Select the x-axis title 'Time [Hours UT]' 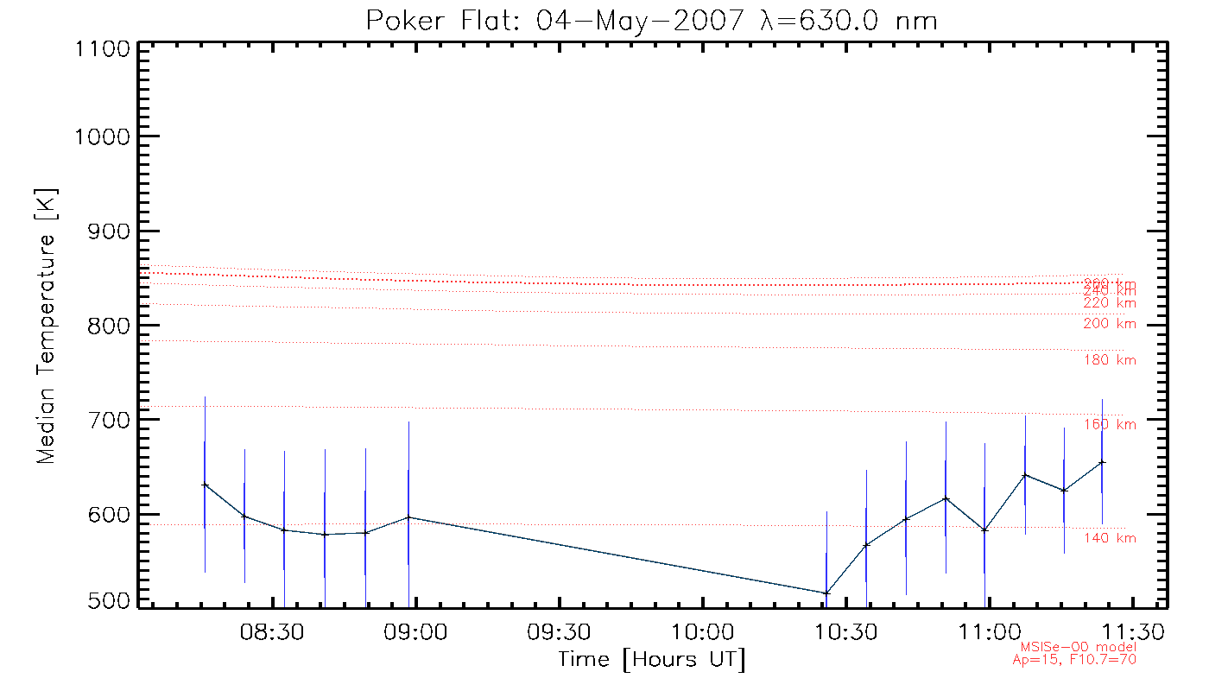click(x=652, y=660)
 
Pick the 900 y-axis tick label click(x=104, y=231)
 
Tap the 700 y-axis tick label click(x=104, y=420)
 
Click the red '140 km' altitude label click(x=1110, y=539)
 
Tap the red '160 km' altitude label click(x=1110, y=425)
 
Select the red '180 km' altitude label click(x=1110, y=360)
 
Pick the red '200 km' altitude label click(x=1110, y=324)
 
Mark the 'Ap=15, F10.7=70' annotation click(x=1074, y=660)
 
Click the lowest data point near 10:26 click(x=826, y=593)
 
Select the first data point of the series click(x=205, y=485)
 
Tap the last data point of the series click(x=1102, y=462)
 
